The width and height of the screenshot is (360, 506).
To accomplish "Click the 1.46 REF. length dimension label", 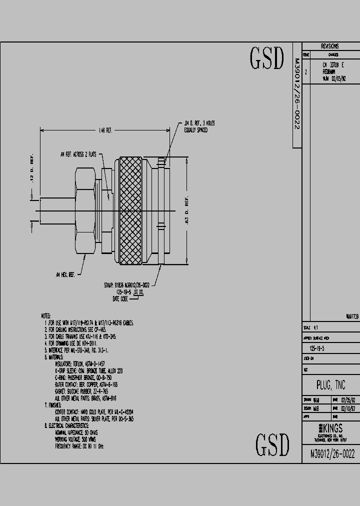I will pyautogui.click(x=105, y=130).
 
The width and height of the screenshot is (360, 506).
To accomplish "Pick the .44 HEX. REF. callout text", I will pyautogui.click(x=65, y=274).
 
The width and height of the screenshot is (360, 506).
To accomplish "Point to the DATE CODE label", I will pyautogui.click(x=120, y=298).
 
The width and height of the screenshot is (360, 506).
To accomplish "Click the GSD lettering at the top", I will pyautogui.click(x=267, y=59).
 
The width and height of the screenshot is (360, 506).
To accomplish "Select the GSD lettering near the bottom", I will pyautogui.click(x=272, y=444).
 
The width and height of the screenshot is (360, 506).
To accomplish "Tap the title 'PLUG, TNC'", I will pyautogui.click(x=330, y=385).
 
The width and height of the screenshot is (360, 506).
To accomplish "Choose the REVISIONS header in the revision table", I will pyautogui.click(x=330, y=45).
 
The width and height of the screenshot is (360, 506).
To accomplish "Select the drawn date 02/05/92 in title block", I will pyautogui.click(x=348, y=400).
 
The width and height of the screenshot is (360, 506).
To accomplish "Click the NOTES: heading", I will pyautogui.click(x=45, y=316).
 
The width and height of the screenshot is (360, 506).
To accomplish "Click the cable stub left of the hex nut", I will pyautogui.click(x=55, y=210).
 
